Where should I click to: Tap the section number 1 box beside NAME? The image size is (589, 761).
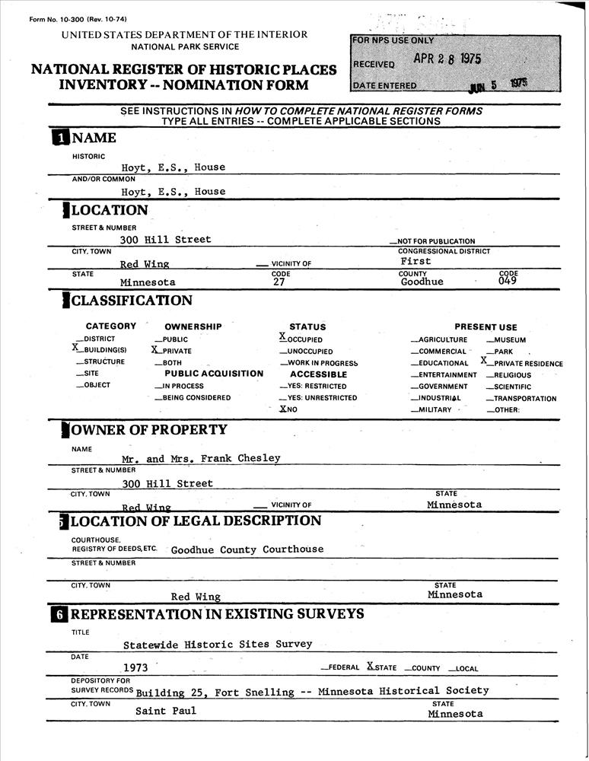click(60, 138)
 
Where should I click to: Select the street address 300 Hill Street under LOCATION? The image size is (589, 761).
click(165, 239)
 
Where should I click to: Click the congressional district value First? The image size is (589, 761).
click(415, 261)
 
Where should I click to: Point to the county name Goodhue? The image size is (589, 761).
click(422, 282)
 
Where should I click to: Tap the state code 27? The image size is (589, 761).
click(279, 282)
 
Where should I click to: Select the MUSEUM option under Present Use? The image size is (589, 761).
click(509, 340)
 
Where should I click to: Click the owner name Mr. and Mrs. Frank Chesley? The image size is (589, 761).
click(202, 458)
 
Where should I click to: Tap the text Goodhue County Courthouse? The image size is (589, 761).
click(247, 549)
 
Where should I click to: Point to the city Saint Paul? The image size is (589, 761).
click(165, 711)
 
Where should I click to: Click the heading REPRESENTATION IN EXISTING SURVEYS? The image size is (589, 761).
click(218, 614)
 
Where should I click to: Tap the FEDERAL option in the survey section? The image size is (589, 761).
click(343, 668)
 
